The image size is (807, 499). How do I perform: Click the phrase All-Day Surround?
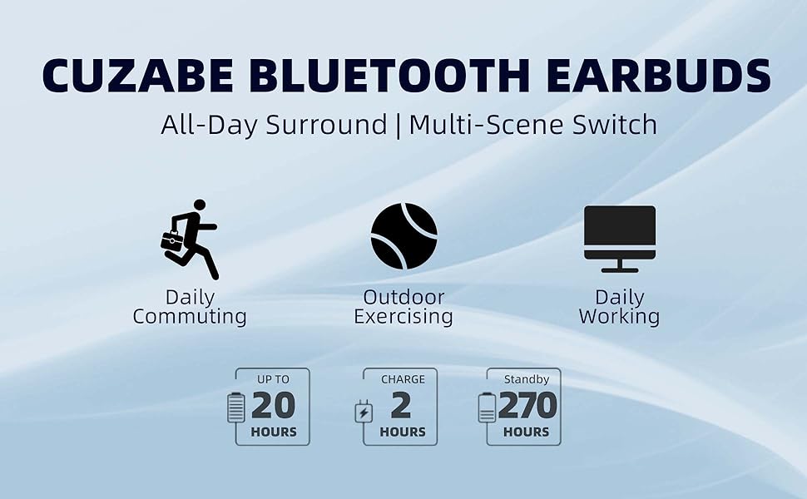click(274, 125)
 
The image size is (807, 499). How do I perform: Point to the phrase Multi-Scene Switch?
click(533, 125)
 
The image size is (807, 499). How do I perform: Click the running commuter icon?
click(191, 239)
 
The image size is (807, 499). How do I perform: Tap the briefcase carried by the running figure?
click(172, 241)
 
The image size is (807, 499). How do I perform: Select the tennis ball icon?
click(403, 236)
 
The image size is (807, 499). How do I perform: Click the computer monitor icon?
click(620, 238)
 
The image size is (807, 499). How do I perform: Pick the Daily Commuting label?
click(190, 307)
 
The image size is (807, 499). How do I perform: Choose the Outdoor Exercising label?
click(403, 307)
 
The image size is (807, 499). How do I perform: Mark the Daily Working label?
click(619, 307)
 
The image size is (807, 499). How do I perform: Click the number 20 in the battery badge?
click(273, 406)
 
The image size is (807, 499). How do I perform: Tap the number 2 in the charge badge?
click(401, 406)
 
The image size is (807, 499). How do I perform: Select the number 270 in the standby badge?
click(527, 406)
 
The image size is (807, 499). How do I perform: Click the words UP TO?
click(273, 379)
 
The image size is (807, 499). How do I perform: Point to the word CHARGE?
click(403, 379)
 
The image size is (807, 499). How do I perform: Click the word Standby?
click(527, 379)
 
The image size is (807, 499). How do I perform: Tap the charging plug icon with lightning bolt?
click(364, 412)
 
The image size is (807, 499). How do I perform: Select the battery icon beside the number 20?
click(236, 407)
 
